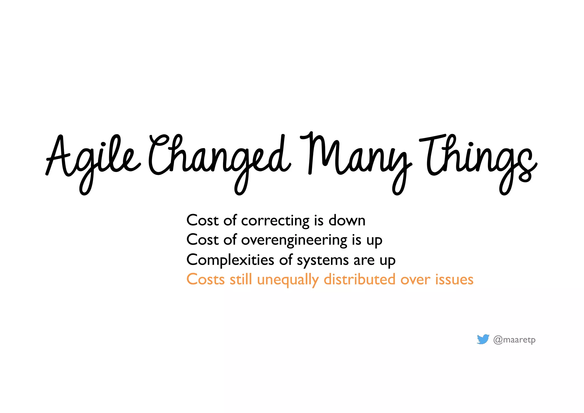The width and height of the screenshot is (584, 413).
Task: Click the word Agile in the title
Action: [93, 160]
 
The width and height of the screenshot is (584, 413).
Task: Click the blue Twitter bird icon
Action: [483, 339]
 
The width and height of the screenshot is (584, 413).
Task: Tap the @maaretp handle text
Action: [514, 340]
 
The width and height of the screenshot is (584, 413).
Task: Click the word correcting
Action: [275, 221]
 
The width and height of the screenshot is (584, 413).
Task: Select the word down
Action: [347, 221]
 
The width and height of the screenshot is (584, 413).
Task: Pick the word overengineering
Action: [294, 240]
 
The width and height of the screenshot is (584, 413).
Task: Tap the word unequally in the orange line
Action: [288, 280]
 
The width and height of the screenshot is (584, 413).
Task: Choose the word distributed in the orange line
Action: [360, 279]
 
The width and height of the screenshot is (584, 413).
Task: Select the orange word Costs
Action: [206, 279]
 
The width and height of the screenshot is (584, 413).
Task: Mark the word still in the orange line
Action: [241, 279]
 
